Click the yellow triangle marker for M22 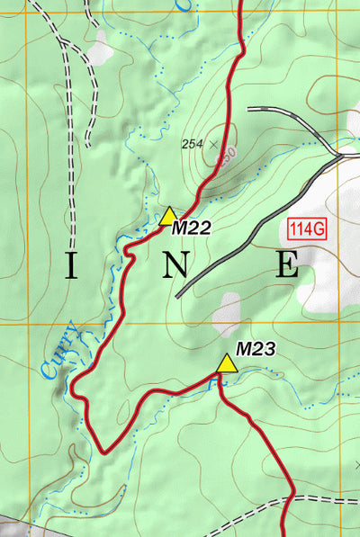(x=168, y=215)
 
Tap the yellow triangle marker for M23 (x=226, y=362)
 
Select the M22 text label (x=191, y=228)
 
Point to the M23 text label (x=255, y=347)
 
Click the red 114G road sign (x=307, y=228)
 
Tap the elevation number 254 (x=192, y=143)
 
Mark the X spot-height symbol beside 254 (x=214, y=143)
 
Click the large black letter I (x=73, y=264)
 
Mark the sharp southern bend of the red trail (x=104, y=451)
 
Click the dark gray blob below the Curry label (x=60, y=386)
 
